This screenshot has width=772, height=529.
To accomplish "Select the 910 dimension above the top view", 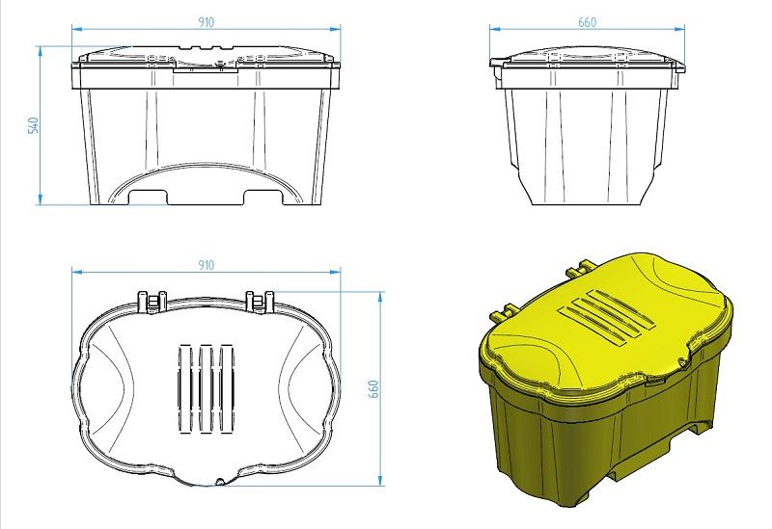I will pos(205,264).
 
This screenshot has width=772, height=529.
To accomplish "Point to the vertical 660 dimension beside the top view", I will pos(374,387).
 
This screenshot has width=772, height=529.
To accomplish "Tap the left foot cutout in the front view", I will pos(149,198).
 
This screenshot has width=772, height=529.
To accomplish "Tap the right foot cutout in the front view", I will pos(262,198).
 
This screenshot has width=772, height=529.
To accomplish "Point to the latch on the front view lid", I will pos(205,66).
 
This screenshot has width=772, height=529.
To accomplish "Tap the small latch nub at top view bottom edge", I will pos(221,479).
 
